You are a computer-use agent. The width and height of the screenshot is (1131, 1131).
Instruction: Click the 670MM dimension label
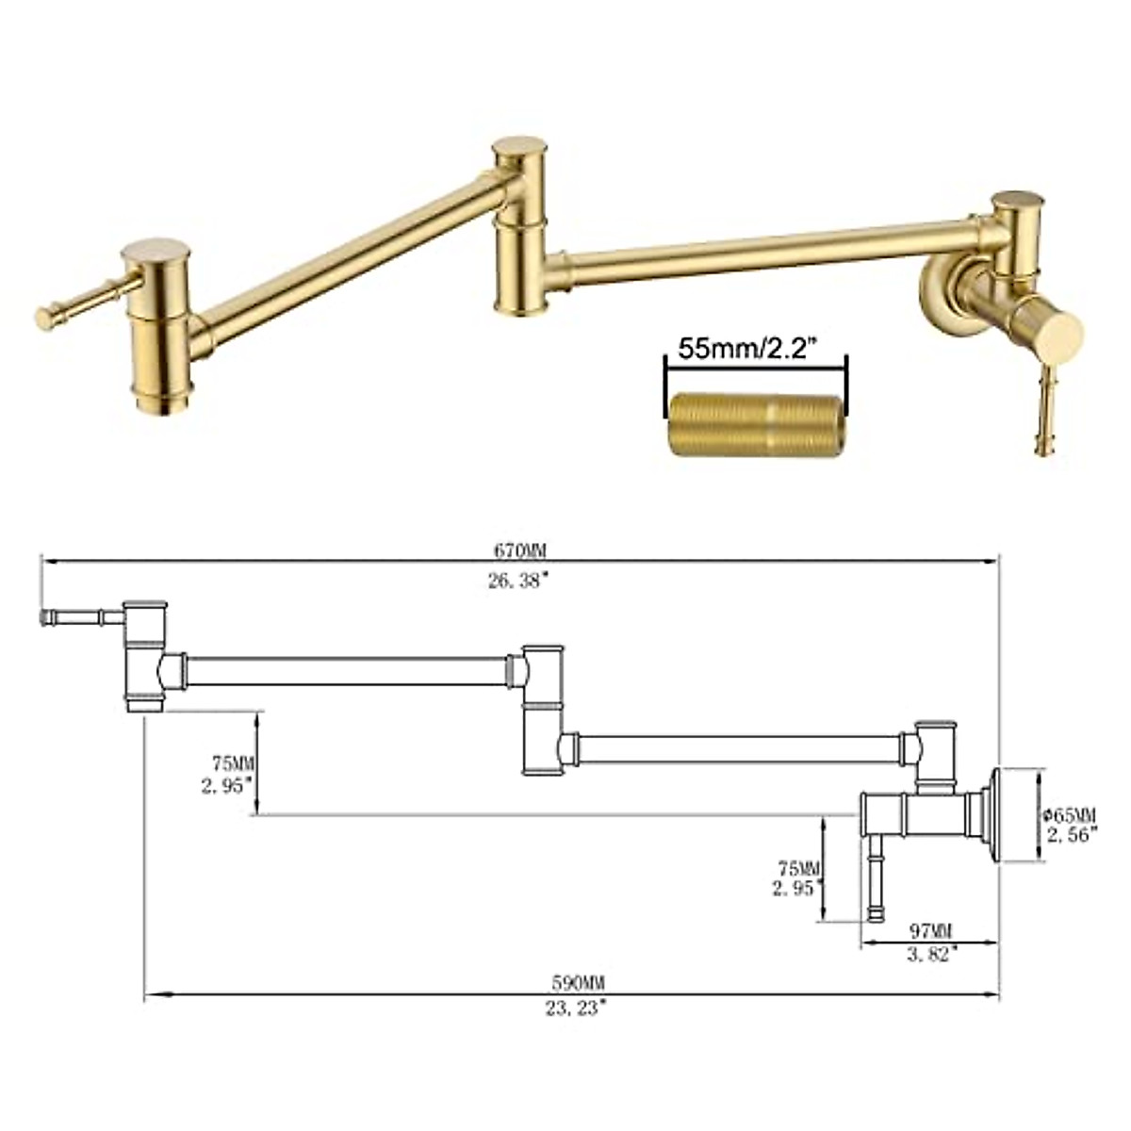tap(518, 549)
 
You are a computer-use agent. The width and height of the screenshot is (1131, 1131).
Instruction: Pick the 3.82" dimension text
tap(931, 954)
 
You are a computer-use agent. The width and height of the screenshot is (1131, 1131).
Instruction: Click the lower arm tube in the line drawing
tap(735, 749)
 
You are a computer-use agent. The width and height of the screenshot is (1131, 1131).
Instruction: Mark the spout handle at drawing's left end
tap(80, 618)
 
